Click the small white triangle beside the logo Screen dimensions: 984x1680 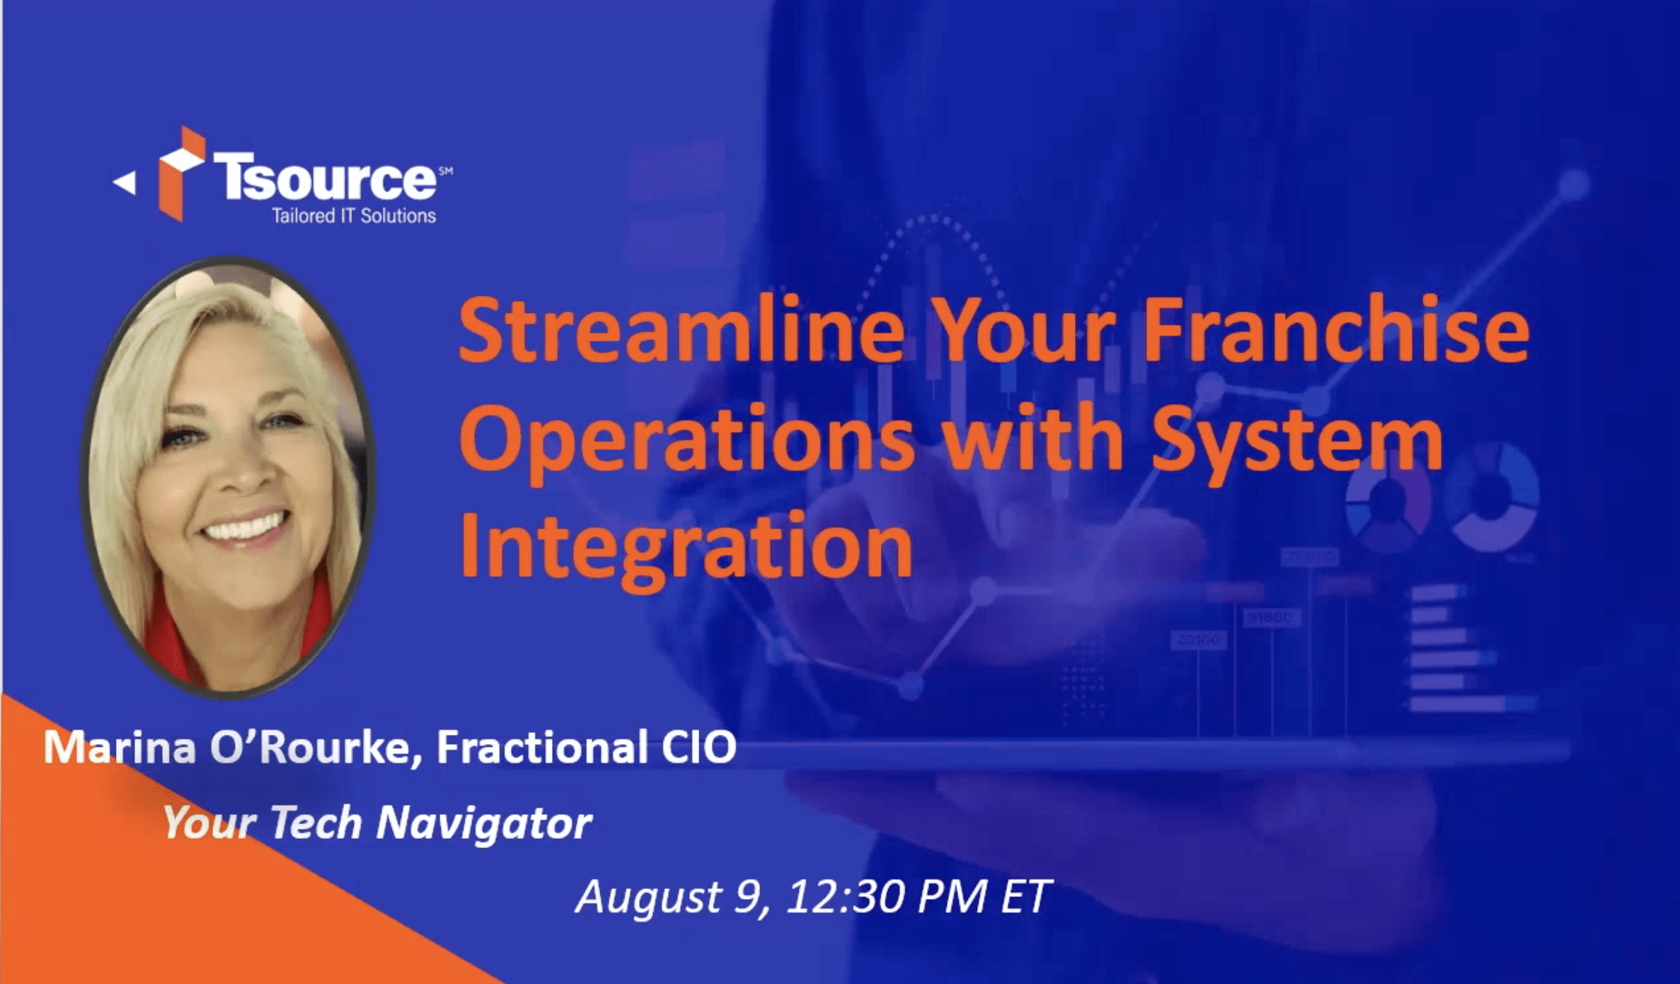coord(125,183)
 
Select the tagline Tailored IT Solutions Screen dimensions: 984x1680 coord(354,216)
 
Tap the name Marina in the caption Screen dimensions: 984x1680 coord(120,748)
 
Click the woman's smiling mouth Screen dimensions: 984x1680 coord(245,527)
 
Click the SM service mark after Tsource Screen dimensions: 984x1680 coord(446,170)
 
